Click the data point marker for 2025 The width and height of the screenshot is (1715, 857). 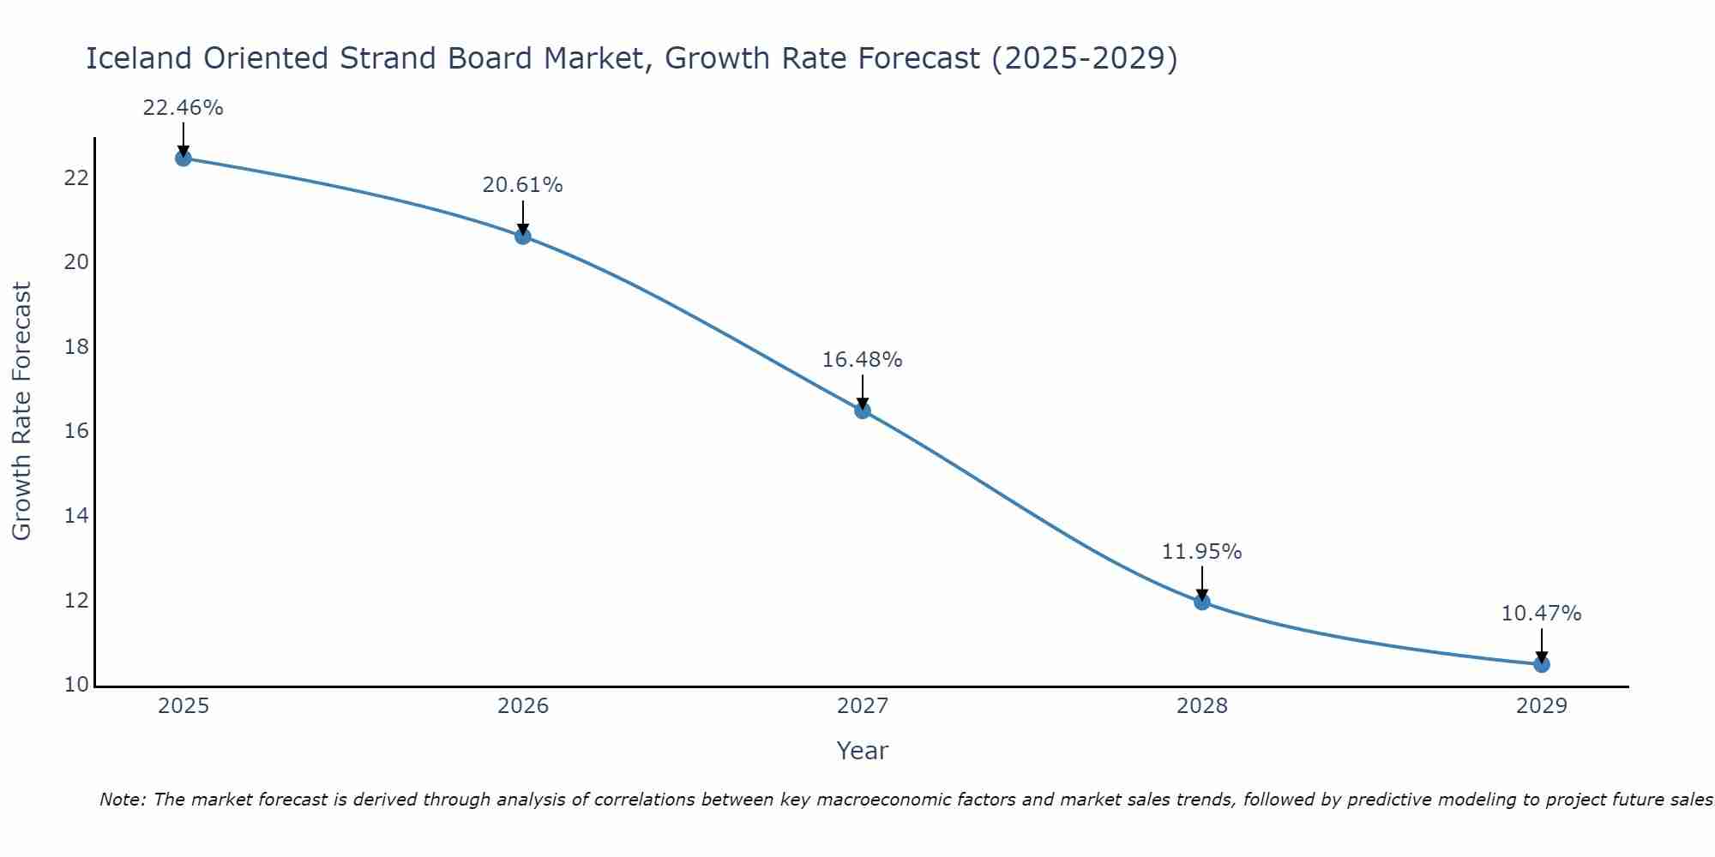coord(183,158)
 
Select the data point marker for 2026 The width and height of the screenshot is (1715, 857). coord(523,236)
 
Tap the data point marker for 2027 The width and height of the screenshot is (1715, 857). coord(863,411)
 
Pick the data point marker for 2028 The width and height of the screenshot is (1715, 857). coord(1202,602)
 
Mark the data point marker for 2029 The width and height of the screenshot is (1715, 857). coord(1541,664)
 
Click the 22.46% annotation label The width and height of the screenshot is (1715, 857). coord(183,108)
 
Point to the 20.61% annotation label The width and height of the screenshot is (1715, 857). coord(522,185)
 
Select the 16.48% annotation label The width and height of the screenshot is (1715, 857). coord(862,360)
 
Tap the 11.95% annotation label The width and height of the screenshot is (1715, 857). coord(1201,552)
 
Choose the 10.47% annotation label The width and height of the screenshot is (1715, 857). coord(1541,614)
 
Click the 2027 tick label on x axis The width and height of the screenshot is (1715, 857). coord(863,706)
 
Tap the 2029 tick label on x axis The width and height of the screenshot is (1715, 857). coord(1541,706)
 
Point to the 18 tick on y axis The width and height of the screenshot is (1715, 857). coord(76,347)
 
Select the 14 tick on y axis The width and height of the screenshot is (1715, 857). coord(76,516)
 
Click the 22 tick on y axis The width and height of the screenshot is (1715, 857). coord(76,178)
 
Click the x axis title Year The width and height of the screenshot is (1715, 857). coord(862,751)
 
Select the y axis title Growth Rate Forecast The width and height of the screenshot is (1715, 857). coord(21,411)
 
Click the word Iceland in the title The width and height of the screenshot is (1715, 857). coord(139,58)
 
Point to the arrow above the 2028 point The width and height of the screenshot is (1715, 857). coord(1202,583)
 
